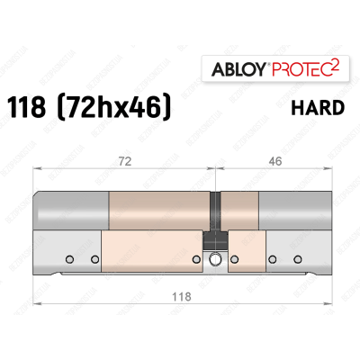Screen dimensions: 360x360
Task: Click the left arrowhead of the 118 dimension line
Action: pyautogui.click(x=37, y=305)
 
